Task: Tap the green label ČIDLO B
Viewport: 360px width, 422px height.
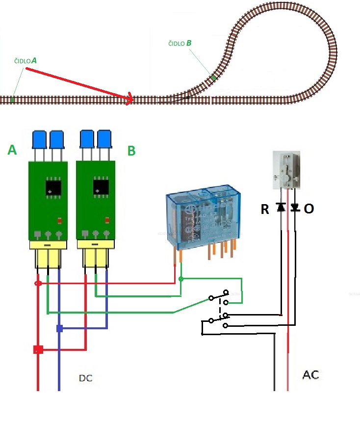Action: point(180,44)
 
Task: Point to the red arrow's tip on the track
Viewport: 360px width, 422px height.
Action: point(132,100)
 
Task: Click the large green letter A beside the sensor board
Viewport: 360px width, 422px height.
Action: point(12,150)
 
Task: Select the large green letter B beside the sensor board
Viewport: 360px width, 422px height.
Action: point(131,151)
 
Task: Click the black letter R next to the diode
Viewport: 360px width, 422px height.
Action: point(265,210)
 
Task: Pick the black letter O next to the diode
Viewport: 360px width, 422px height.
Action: point(309,209)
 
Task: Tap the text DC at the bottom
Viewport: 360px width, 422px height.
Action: point(86,378)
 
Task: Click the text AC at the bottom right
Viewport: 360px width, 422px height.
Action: point(311,375)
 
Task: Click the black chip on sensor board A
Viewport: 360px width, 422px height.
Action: point(52,187)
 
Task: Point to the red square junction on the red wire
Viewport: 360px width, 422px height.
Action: point(38,349)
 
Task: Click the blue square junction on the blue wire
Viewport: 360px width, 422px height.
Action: point(59,328)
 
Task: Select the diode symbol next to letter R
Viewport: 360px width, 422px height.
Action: point(281,208)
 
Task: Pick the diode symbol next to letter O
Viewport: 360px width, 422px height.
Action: point(294,208)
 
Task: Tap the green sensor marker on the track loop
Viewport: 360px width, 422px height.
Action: point(214,77)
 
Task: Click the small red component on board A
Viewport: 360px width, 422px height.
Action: point(60,221)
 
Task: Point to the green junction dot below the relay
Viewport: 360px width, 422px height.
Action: point(181,279)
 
